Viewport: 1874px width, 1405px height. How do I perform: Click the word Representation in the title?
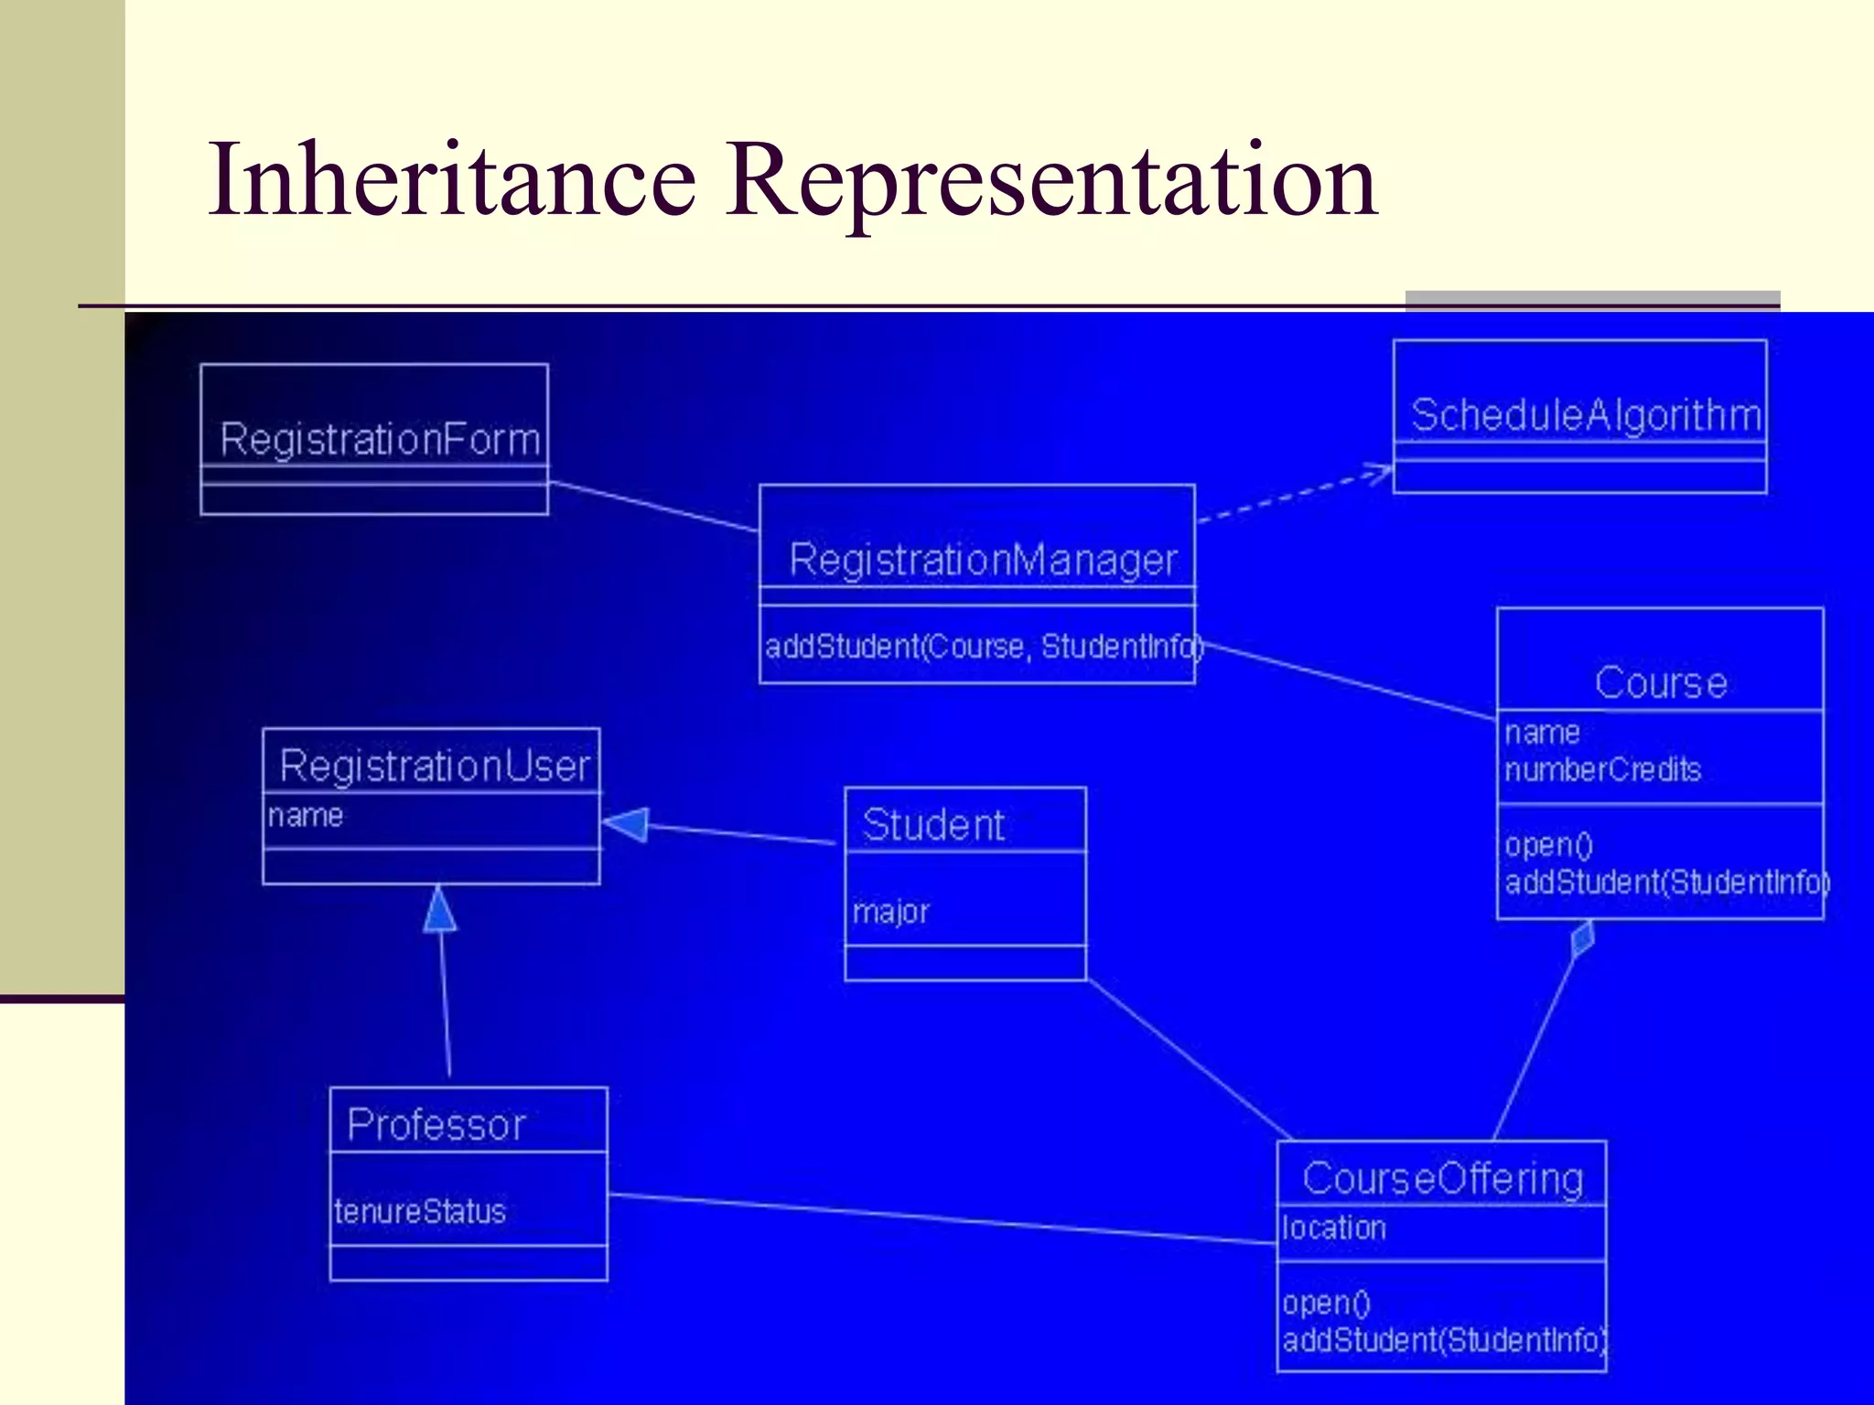pos(1051,181)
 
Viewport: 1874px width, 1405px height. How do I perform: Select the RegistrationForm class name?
pos(380,439)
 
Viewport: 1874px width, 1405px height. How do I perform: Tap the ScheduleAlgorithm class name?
pos(1586,415)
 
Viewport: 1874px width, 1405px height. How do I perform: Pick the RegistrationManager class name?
pos(983,560)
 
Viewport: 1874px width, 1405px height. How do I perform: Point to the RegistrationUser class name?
pos(435,766)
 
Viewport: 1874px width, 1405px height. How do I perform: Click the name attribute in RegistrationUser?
pos(306,815)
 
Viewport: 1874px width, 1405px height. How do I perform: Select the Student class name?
pos(933,825)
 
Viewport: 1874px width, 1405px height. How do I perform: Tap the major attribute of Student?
pos(890,912)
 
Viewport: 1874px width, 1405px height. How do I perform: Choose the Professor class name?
pos(436,1124)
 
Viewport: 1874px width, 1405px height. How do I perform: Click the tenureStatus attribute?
pos(420,1212)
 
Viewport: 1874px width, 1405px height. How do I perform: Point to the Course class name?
pos(1661,682)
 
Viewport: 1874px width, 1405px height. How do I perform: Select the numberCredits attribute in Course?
pos(1602,770)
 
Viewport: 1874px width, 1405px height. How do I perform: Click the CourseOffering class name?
pos(1442,1178)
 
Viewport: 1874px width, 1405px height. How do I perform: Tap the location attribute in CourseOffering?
pos(1334,1228)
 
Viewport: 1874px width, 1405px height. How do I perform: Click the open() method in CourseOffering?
pos(1326,1303)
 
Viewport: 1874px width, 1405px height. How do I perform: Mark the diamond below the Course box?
pos(1582,939)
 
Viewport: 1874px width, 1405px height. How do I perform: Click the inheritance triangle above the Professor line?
pos(440,910)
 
